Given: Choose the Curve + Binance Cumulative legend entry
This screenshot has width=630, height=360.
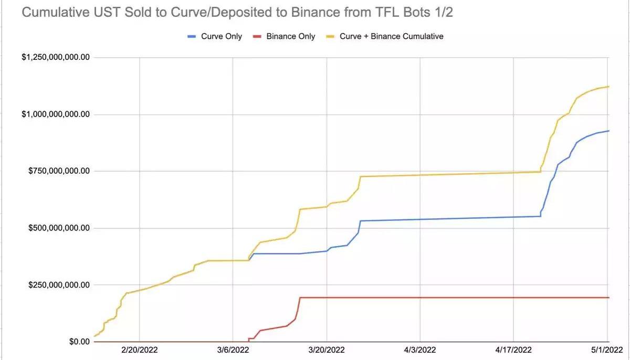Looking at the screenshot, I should tap(391, 36).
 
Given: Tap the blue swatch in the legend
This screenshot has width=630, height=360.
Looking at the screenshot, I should tap(192, 36).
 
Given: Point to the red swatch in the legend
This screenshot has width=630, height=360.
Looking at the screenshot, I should tap(257, 36).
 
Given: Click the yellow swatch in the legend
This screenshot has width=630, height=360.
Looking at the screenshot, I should tap(331, 36).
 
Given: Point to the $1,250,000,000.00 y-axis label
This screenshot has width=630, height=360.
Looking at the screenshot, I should tap(55, 57).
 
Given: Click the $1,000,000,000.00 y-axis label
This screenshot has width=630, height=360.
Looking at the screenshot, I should tap(55, 114).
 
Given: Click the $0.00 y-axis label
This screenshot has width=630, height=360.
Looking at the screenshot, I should tap(76, 342).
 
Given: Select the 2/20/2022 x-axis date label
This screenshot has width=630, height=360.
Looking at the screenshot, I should tap(139, 350).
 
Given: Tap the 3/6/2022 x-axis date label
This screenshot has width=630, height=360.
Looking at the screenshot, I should tap(233, 350).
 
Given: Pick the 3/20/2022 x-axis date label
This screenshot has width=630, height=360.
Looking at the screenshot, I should tap(327, 350).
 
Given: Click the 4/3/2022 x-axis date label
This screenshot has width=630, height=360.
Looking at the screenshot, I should tap(420, 350).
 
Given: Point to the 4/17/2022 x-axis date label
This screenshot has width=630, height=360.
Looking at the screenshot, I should tap(513, 350).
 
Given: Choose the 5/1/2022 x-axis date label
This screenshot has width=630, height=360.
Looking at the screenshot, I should tap(607, 350).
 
